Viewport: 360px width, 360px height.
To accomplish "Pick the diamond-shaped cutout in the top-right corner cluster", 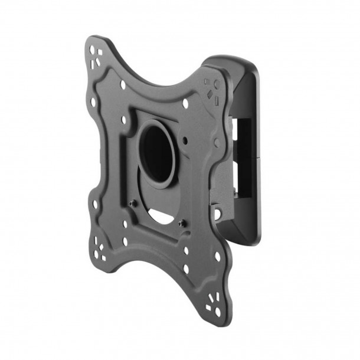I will click(211, 92).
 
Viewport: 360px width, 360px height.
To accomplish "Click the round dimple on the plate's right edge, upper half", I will click(217, 142).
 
